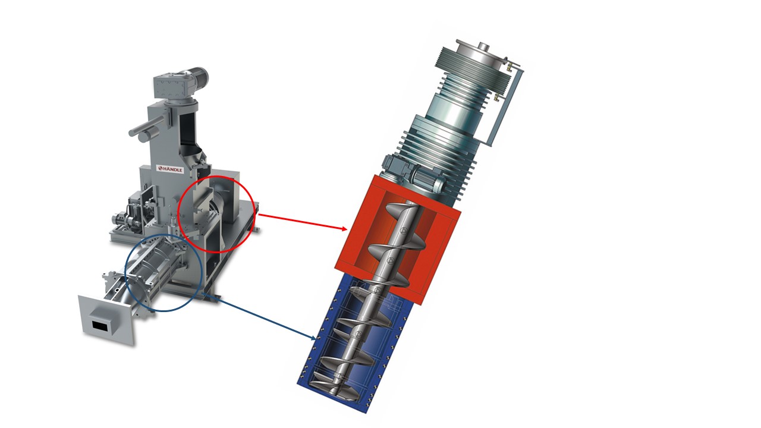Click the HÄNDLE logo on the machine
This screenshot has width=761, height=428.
pos(171,169)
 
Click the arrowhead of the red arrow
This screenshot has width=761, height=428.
pos(344,229)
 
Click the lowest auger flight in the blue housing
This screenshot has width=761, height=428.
pos(337,391)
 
